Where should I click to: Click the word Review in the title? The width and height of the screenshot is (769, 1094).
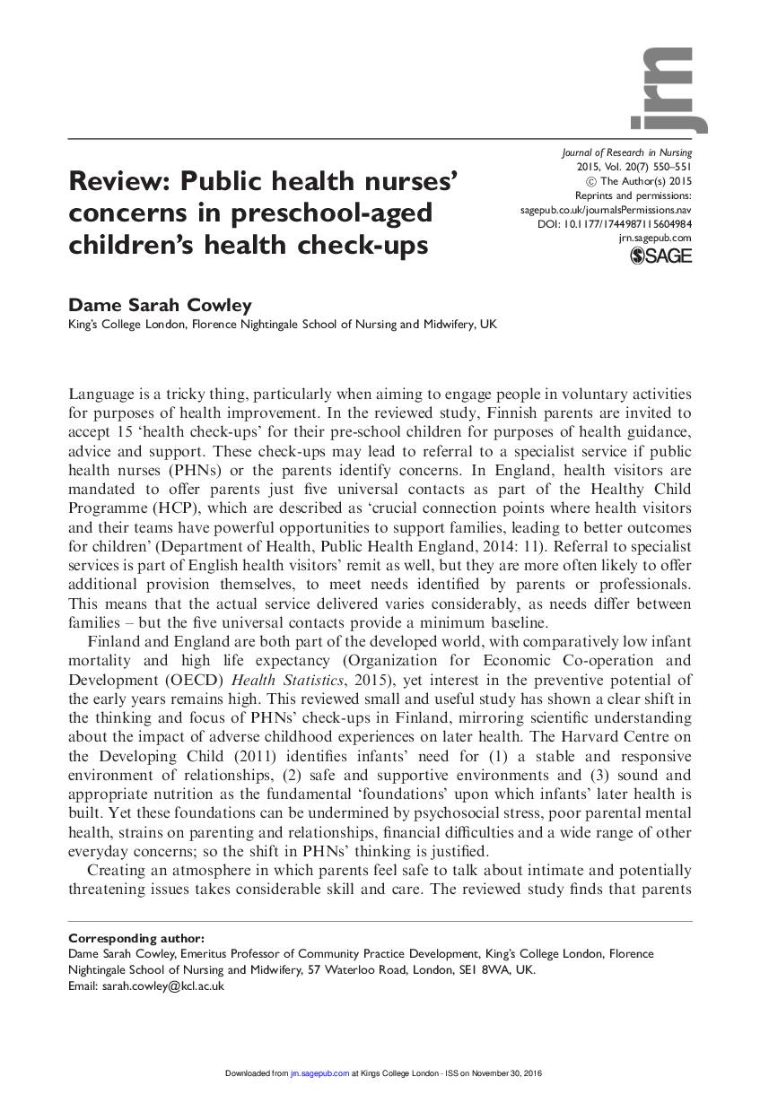point(119,182)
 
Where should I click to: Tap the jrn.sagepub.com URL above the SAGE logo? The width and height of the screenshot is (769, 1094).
point(655,238)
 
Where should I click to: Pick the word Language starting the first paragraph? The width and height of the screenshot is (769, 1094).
point(104,394)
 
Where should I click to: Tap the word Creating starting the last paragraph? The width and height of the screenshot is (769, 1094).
point(117,870)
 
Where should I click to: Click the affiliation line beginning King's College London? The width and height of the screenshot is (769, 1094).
point(282,326)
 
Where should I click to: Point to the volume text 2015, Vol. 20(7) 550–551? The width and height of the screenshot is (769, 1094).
point(634,167)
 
